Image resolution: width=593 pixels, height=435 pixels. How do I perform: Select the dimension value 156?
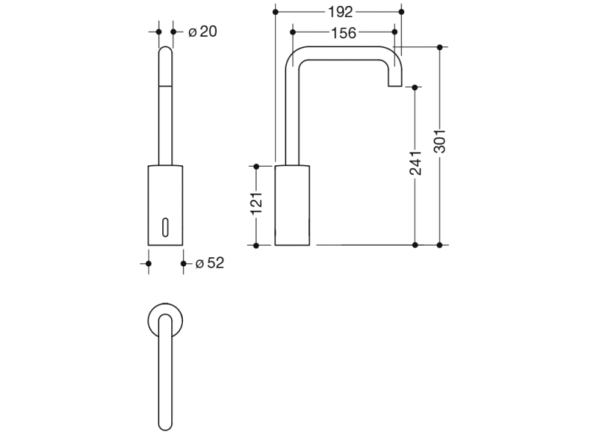tap(343, 32)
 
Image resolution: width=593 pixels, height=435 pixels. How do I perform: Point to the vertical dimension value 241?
tap(415, 164)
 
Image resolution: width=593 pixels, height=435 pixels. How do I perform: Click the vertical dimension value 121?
tap(256, 203)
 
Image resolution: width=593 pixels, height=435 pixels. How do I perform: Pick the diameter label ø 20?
tap(202, 32)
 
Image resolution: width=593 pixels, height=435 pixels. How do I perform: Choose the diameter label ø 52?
tap(209, 262)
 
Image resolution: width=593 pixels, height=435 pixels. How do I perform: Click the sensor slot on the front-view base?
tap(165, 225)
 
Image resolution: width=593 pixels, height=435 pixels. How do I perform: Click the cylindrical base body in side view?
tap(293, 205)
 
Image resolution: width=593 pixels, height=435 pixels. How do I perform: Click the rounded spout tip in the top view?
tap(166, 423)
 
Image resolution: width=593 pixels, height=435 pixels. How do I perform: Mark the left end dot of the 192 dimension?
tap(275, 12)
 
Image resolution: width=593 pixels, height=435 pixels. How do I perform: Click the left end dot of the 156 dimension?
tap(293, 32)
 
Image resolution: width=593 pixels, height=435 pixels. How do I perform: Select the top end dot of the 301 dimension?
tap(440, 47)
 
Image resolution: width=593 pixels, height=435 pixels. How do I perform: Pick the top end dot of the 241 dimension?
tap(415, 87)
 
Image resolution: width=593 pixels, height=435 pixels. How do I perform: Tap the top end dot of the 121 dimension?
tap(256, 166)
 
